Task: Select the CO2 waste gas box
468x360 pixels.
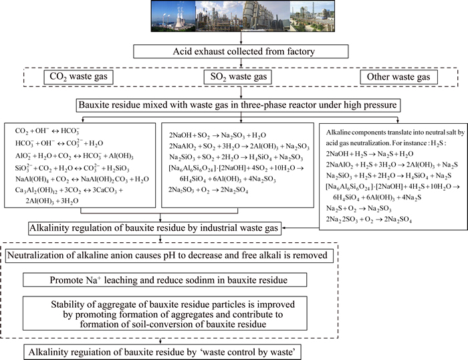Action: [x=76, y=78]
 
